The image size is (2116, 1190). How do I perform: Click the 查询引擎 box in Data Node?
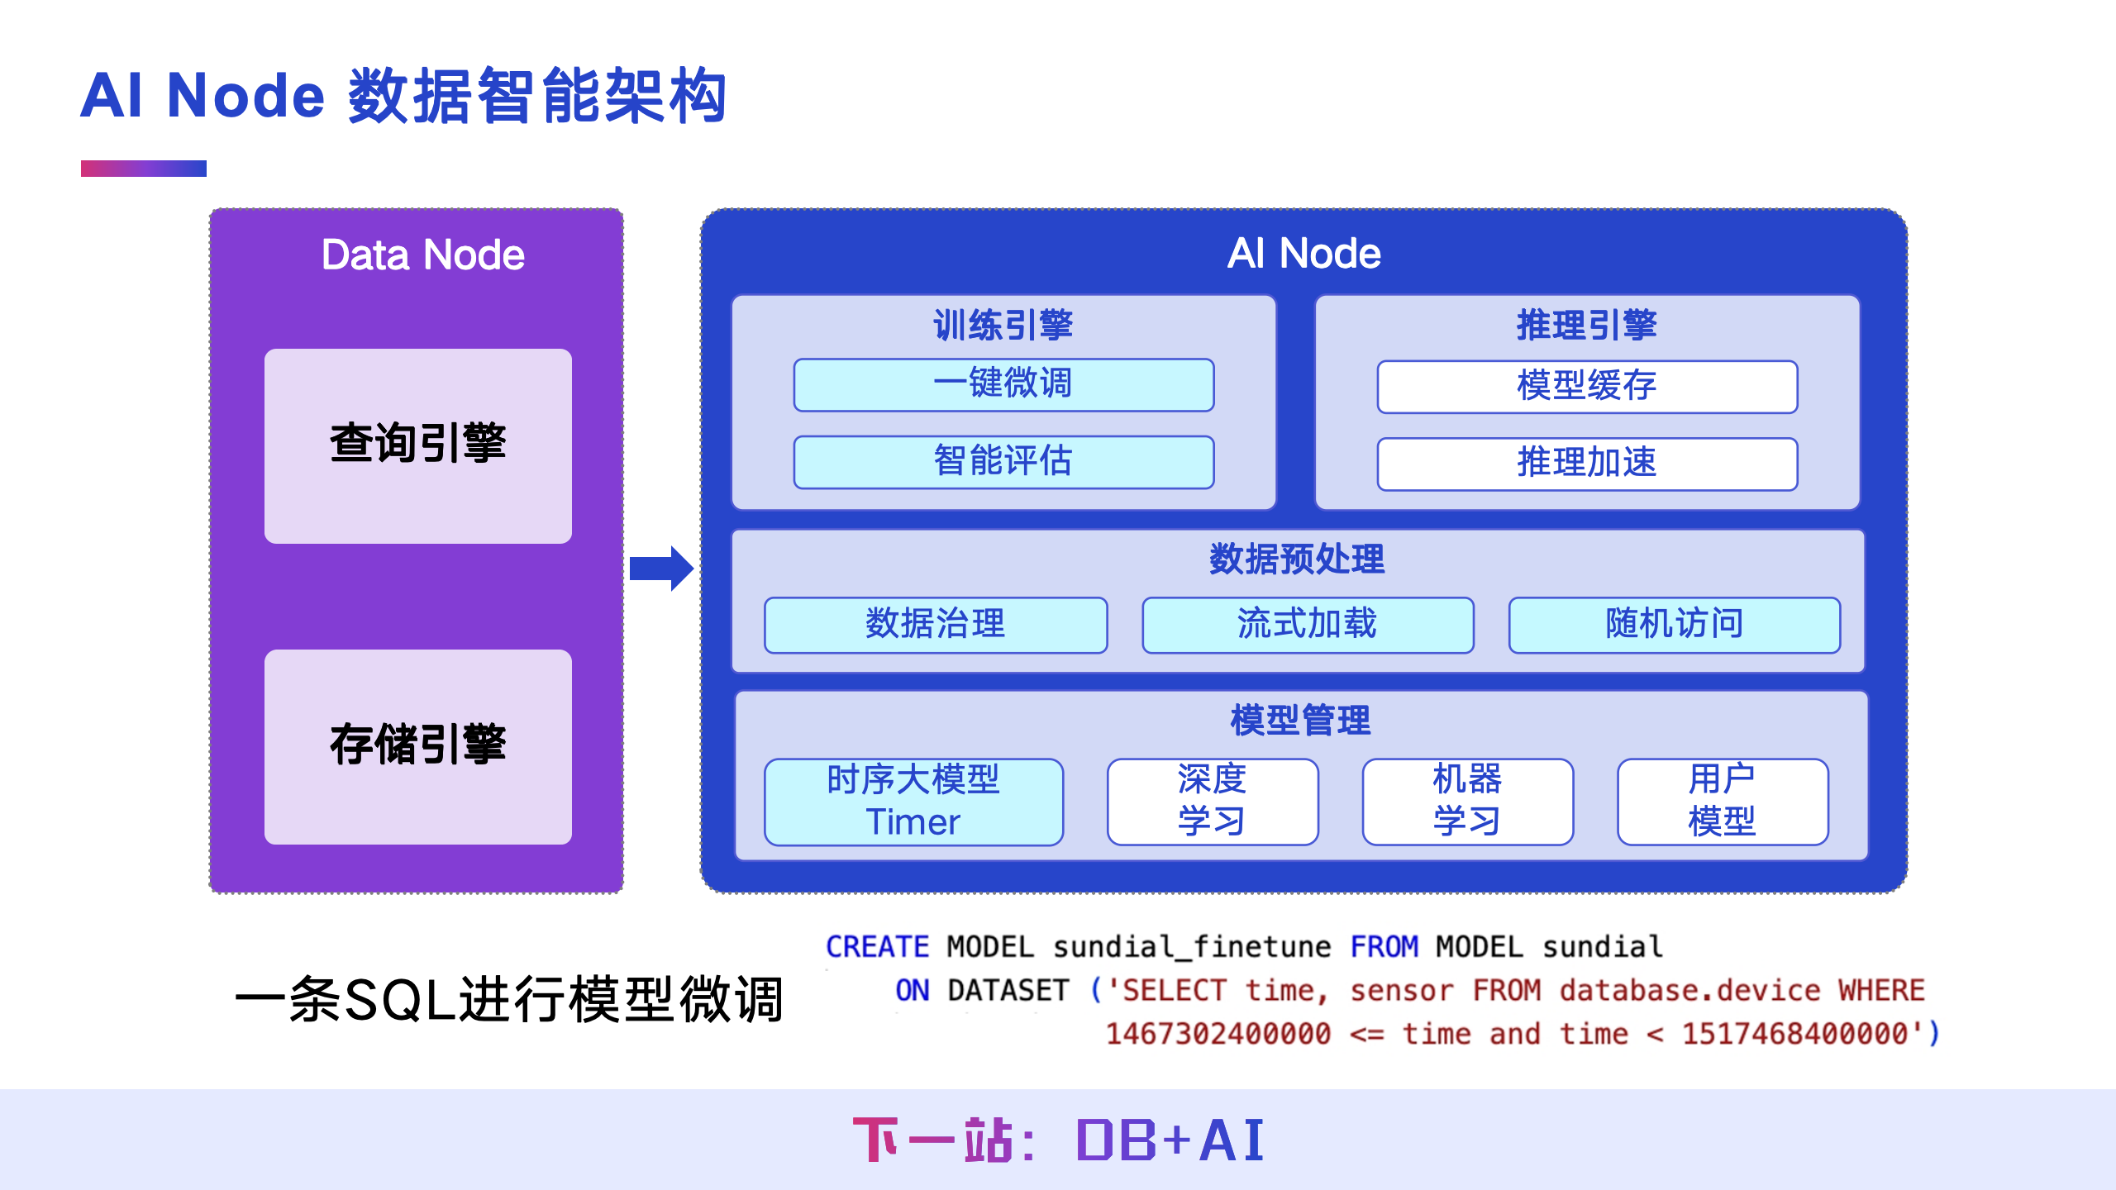[x=418, y=445]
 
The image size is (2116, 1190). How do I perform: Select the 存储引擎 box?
[x=418, y=746]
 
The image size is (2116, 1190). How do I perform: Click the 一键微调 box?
[x=1003, y=384]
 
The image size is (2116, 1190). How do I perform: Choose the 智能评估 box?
[x=1003, y=462]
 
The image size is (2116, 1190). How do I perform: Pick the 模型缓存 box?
[x=1587, y=386]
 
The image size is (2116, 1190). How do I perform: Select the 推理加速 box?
[x=1587, y=464]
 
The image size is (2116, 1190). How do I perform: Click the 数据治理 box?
[x=936, y=625]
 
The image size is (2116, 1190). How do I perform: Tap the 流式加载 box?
[x=1308, y=625]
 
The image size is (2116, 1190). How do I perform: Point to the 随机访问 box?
[x=1675, y=625]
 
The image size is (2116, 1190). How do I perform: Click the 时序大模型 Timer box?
[x=913, y=802]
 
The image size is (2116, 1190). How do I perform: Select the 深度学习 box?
[x=1213, y=802]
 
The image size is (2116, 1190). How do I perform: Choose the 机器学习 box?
[x=1467, y=802]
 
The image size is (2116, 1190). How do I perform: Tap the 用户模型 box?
[x=1723, y=802]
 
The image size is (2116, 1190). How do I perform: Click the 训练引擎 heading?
[x=1003, y=325]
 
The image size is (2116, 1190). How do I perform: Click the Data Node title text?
[x=422, y=255]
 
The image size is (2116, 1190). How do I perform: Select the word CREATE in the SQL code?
[x=877, y=947]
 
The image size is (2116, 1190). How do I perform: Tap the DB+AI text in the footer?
[x=1170, y=1140]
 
